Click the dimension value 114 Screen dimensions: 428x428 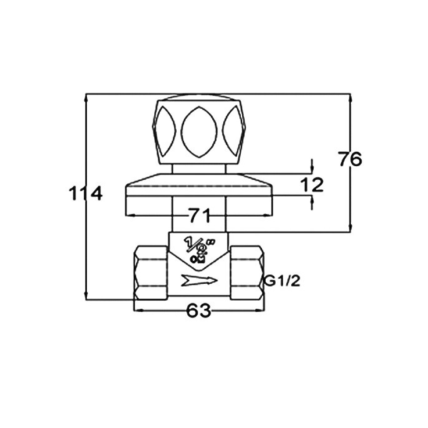86,193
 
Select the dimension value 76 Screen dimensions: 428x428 350,158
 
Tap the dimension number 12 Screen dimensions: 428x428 312,185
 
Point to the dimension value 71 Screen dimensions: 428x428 200,215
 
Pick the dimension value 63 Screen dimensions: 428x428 199,310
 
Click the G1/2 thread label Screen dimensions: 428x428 282,280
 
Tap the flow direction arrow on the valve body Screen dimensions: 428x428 199,280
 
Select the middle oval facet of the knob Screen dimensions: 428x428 199,132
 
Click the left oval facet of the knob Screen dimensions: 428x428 165,132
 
